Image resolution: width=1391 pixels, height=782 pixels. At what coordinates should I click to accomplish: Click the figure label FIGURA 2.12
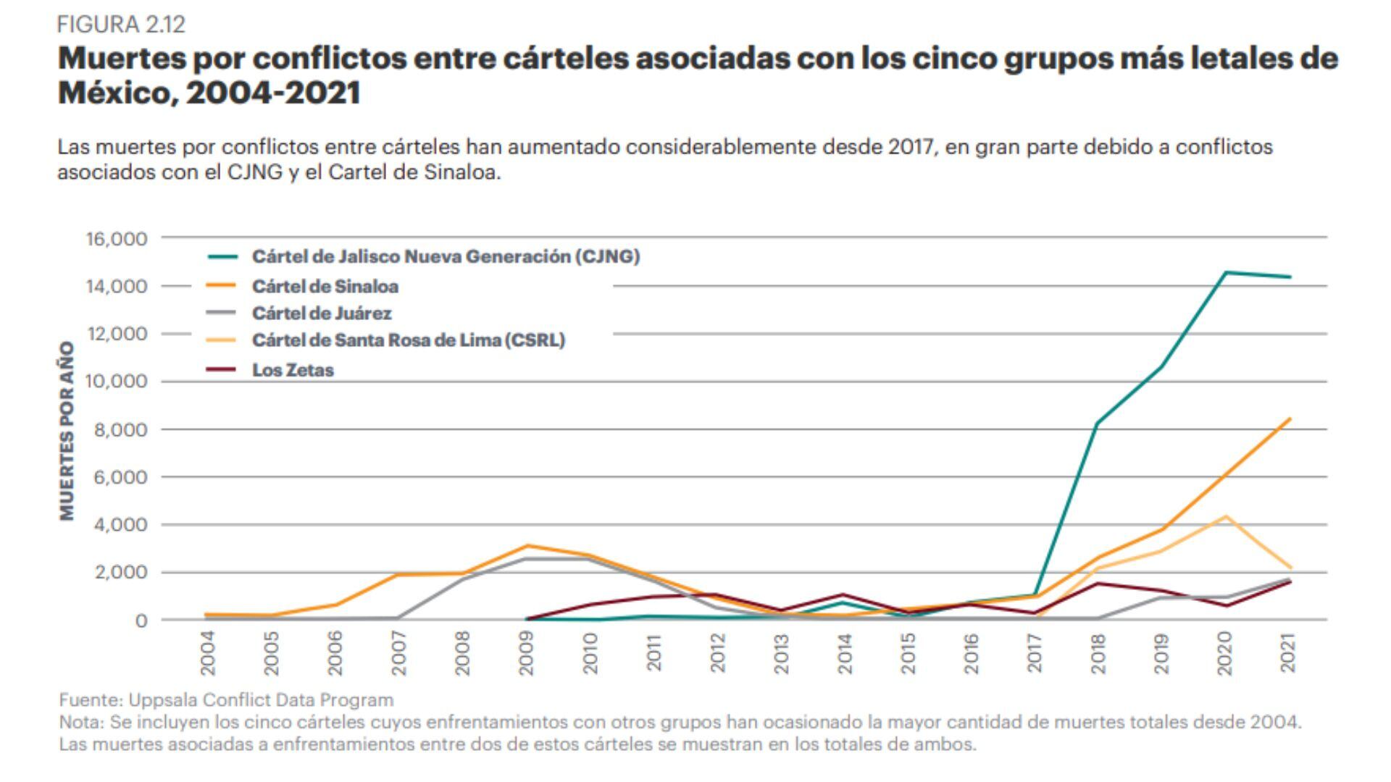(121, 25)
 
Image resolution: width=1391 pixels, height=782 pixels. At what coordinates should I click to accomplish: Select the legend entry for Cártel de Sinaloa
(325, 287)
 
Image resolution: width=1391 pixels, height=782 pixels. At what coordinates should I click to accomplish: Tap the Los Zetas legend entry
(293, 370)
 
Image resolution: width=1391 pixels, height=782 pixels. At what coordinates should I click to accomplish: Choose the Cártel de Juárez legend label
(322, 314)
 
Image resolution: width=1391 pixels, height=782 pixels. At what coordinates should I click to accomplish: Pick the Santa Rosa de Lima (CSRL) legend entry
(408, 340)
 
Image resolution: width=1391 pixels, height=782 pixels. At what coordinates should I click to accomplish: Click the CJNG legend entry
(446, 256)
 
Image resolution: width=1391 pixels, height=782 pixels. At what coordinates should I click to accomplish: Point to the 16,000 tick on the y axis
(116, 239)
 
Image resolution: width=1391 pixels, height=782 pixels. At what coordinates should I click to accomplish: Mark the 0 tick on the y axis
(141, 621)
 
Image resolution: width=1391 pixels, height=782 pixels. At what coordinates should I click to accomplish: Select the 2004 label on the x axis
(208, 653)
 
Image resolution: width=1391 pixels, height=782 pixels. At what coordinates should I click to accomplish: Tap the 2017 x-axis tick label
(1035, 653)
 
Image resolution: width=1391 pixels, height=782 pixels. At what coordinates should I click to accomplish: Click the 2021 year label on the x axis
(1288, 653)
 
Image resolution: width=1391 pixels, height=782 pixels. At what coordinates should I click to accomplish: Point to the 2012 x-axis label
(717, 653)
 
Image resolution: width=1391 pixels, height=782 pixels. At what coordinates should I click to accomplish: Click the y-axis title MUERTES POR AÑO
(67, 431)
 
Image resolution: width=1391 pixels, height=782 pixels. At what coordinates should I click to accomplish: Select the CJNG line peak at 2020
(1225, 272)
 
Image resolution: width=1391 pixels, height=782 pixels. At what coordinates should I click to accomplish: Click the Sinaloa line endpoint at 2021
(1290, 419)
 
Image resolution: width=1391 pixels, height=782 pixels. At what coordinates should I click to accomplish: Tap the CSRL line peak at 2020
(1225, 516)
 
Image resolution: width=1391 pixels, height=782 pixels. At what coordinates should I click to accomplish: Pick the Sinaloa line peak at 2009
(527, 545)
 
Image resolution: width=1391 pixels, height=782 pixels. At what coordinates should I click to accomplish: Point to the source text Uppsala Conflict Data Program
(261, 700)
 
